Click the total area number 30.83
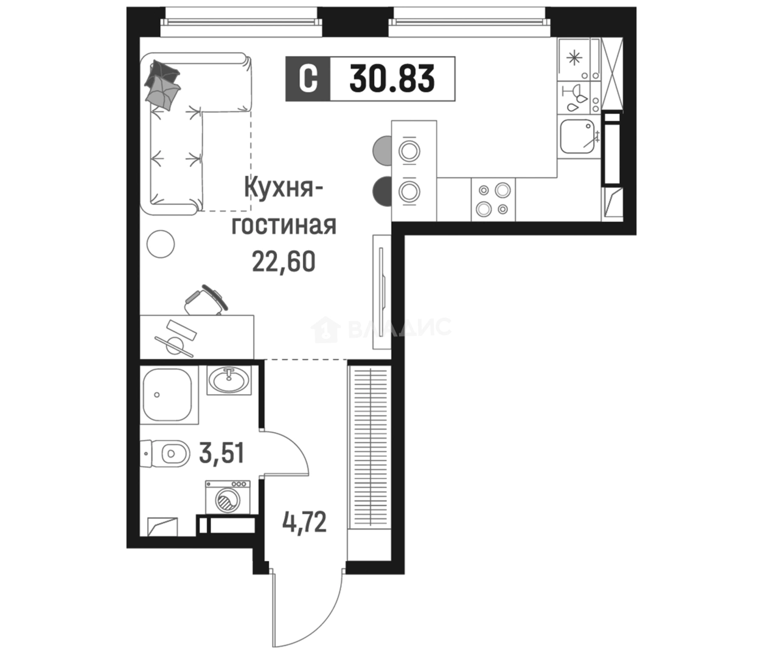(392, 79)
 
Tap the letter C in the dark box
(308, 79)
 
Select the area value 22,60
(284, 262)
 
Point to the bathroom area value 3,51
(221, 453)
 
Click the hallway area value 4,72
(304, 522)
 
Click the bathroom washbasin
(228, 380)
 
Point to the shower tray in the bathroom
(167, 394)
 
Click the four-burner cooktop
(493, 200)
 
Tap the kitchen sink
(577, 136)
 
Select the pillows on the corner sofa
(162, 83)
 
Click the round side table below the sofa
(161, 244)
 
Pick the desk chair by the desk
(206, 300)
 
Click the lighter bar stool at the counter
(381, 150)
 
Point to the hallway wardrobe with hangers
(369, 447)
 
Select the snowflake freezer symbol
(573, 58)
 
